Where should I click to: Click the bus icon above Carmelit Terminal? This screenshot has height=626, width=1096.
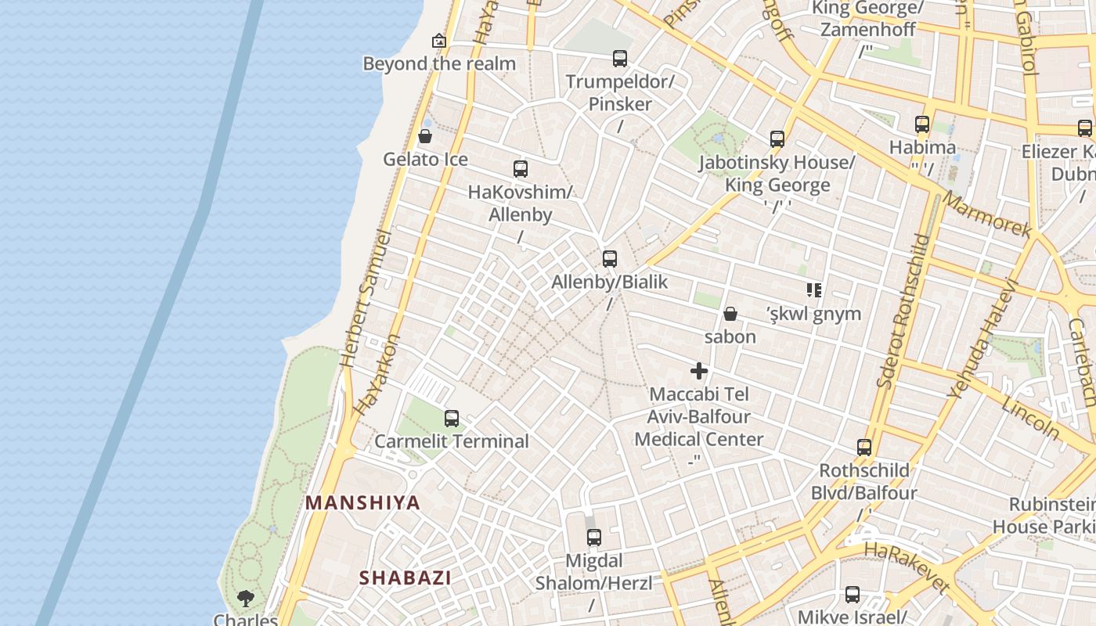452,419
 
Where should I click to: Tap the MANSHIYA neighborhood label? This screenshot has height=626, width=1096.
362,502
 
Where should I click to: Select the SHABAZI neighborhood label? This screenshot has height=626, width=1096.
405,578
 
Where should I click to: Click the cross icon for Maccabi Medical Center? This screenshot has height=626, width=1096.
699,371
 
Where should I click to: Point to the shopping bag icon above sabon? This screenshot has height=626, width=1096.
730,314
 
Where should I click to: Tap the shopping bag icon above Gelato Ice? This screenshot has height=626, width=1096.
425,137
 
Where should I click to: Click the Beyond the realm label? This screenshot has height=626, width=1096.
439,63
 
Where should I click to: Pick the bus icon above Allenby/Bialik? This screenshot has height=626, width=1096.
610,259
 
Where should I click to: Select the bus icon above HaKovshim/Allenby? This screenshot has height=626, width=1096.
521,169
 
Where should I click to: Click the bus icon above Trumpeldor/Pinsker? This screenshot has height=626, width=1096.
620,59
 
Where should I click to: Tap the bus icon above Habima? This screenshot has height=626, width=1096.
922,124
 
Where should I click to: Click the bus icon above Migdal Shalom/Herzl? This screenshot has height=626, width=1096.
594,538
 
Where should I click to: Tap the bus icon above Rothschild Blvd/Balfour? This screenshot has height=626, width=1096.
864,448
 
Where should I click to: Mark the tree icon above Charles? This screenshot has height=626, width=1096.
246,599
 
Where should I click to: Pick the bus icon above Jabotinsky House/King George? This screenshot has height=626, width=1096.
777,139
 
